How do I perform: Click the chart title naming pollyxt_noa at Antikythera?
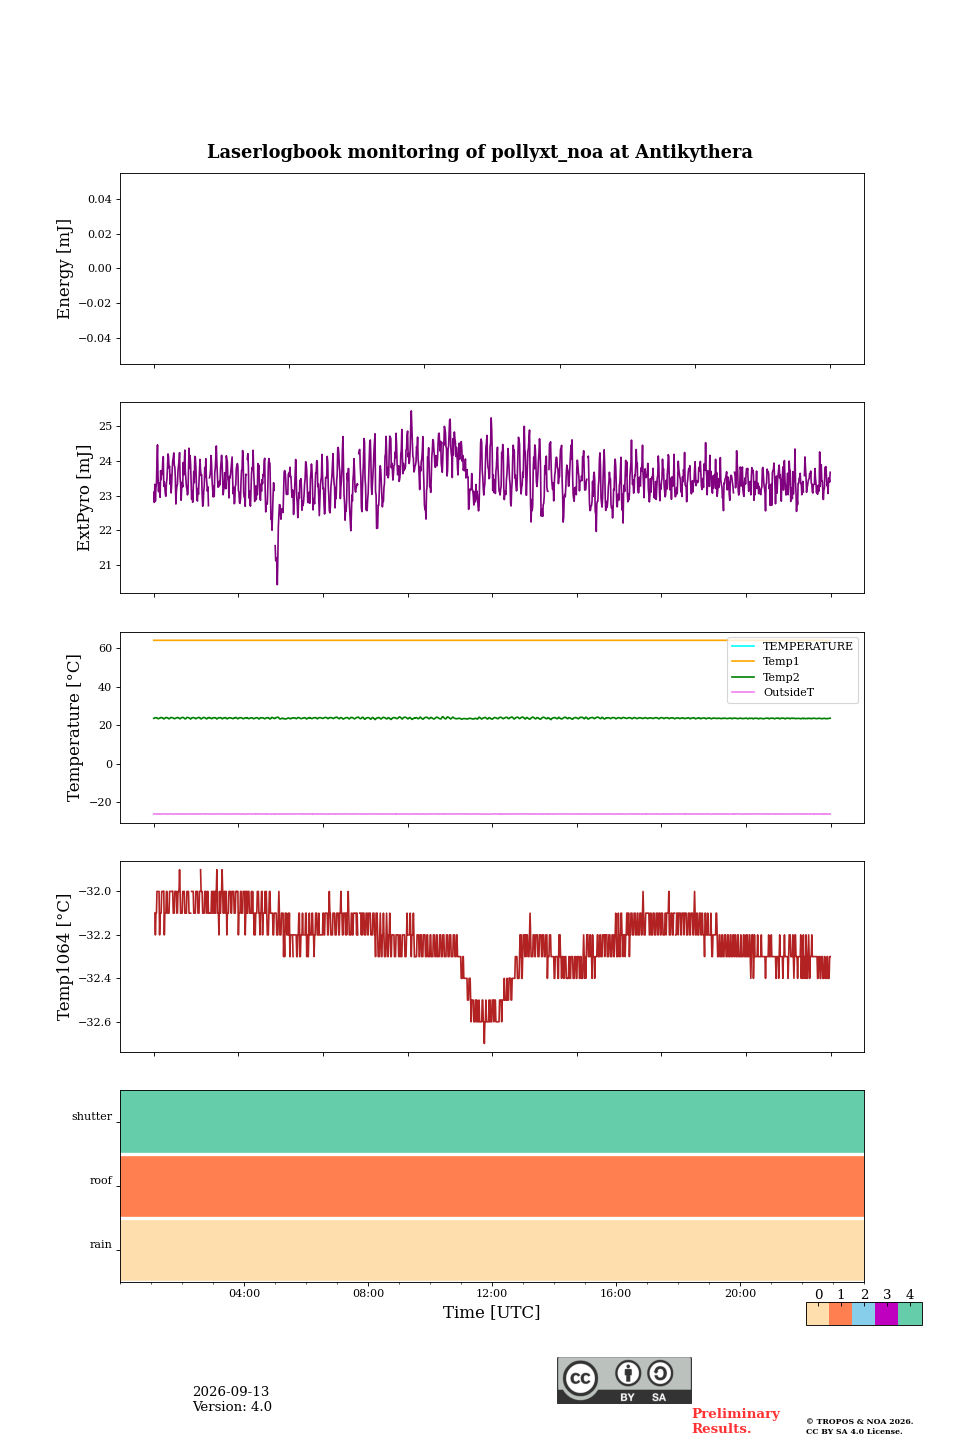(479, 152)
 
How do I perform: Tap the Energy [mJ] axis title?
(63, 269)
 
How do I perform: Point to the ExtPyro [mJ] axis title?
(83, 498)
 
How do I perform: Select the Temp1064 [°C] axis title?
(63, 957)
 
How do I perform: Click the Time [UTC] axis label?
(491, 1311)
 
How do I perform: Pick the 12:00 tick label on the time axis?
(491, 1293)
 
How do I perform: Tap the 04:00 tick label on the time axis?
(244, 1293)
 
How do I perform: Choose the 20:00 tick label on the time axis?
(740, 1293)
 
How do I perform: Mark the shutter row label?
(92, 1116)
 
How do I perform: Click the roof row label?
(101, 1180)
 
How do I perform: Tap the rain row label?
(101, 1244)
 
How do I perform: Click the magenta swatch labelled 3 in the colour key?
(886, 1313)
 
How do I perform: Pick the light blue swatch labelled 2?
(863, 1313)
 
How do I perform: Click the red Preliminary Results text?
(736, 1420)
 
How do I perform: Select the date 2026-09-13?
(231, 1391)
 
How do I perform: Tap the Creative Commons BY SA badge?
(624, 1380)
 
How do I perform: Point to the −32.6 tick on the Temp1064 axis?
(95, 1022)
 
